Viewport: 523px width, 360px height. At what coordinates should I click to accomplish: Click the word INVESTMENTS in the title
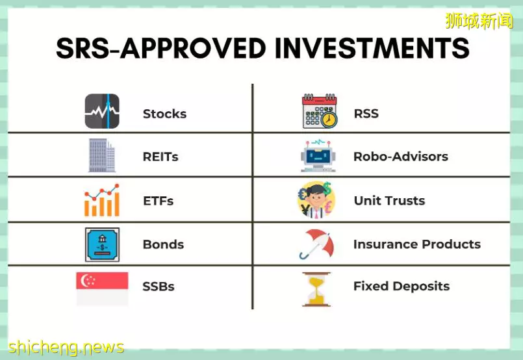click(372, 48)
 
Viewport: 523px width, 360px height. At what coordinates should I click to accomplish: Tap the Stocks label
click(164, 114)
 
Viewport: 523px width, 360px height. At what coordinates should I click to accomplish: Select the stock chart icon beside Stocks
click(102, 111)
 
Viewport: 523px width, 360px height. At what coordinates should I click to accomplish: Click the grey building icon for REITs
click(102, 155)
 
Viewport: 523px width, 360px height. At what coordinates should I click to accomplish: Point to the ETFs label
click(158, 201)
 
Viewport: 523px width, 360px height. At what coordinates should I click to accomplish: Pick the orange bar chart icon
click(102, 200)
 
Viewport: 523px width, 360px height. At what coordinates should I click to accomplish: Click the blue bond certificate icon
click(102, 244)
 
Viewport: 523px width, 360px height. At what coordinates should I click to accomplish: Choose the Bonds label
click(163, 244)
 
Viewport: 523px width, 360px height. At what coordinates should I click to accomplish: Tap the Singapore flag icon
click(102, 289)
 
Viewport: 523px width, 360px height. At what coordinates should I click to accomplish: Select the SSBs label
click(158, 287)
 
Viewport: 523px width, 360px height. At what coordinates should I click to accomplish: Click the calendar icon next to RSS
click(320, 111)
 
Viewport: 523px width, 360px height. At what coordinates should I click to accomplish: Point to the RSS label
click(366, 114)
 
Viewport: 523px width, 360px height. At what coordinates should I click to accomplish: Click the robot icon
click(318, 155)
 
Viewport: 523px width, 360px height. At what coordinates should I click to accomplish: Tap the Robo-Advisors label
click(401, 157)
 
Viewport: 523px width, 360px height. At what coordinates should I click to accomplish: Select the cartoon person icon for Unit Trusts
click(316, 200)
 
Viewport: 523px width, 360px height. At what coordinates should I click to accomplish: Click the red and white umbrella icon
click(317, 244)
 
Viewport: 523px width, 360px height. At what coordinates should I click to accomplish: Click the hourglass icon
click(316, 289)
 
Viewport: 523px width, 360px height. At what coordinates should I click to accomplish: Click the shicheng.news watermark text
click(66, 347)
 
